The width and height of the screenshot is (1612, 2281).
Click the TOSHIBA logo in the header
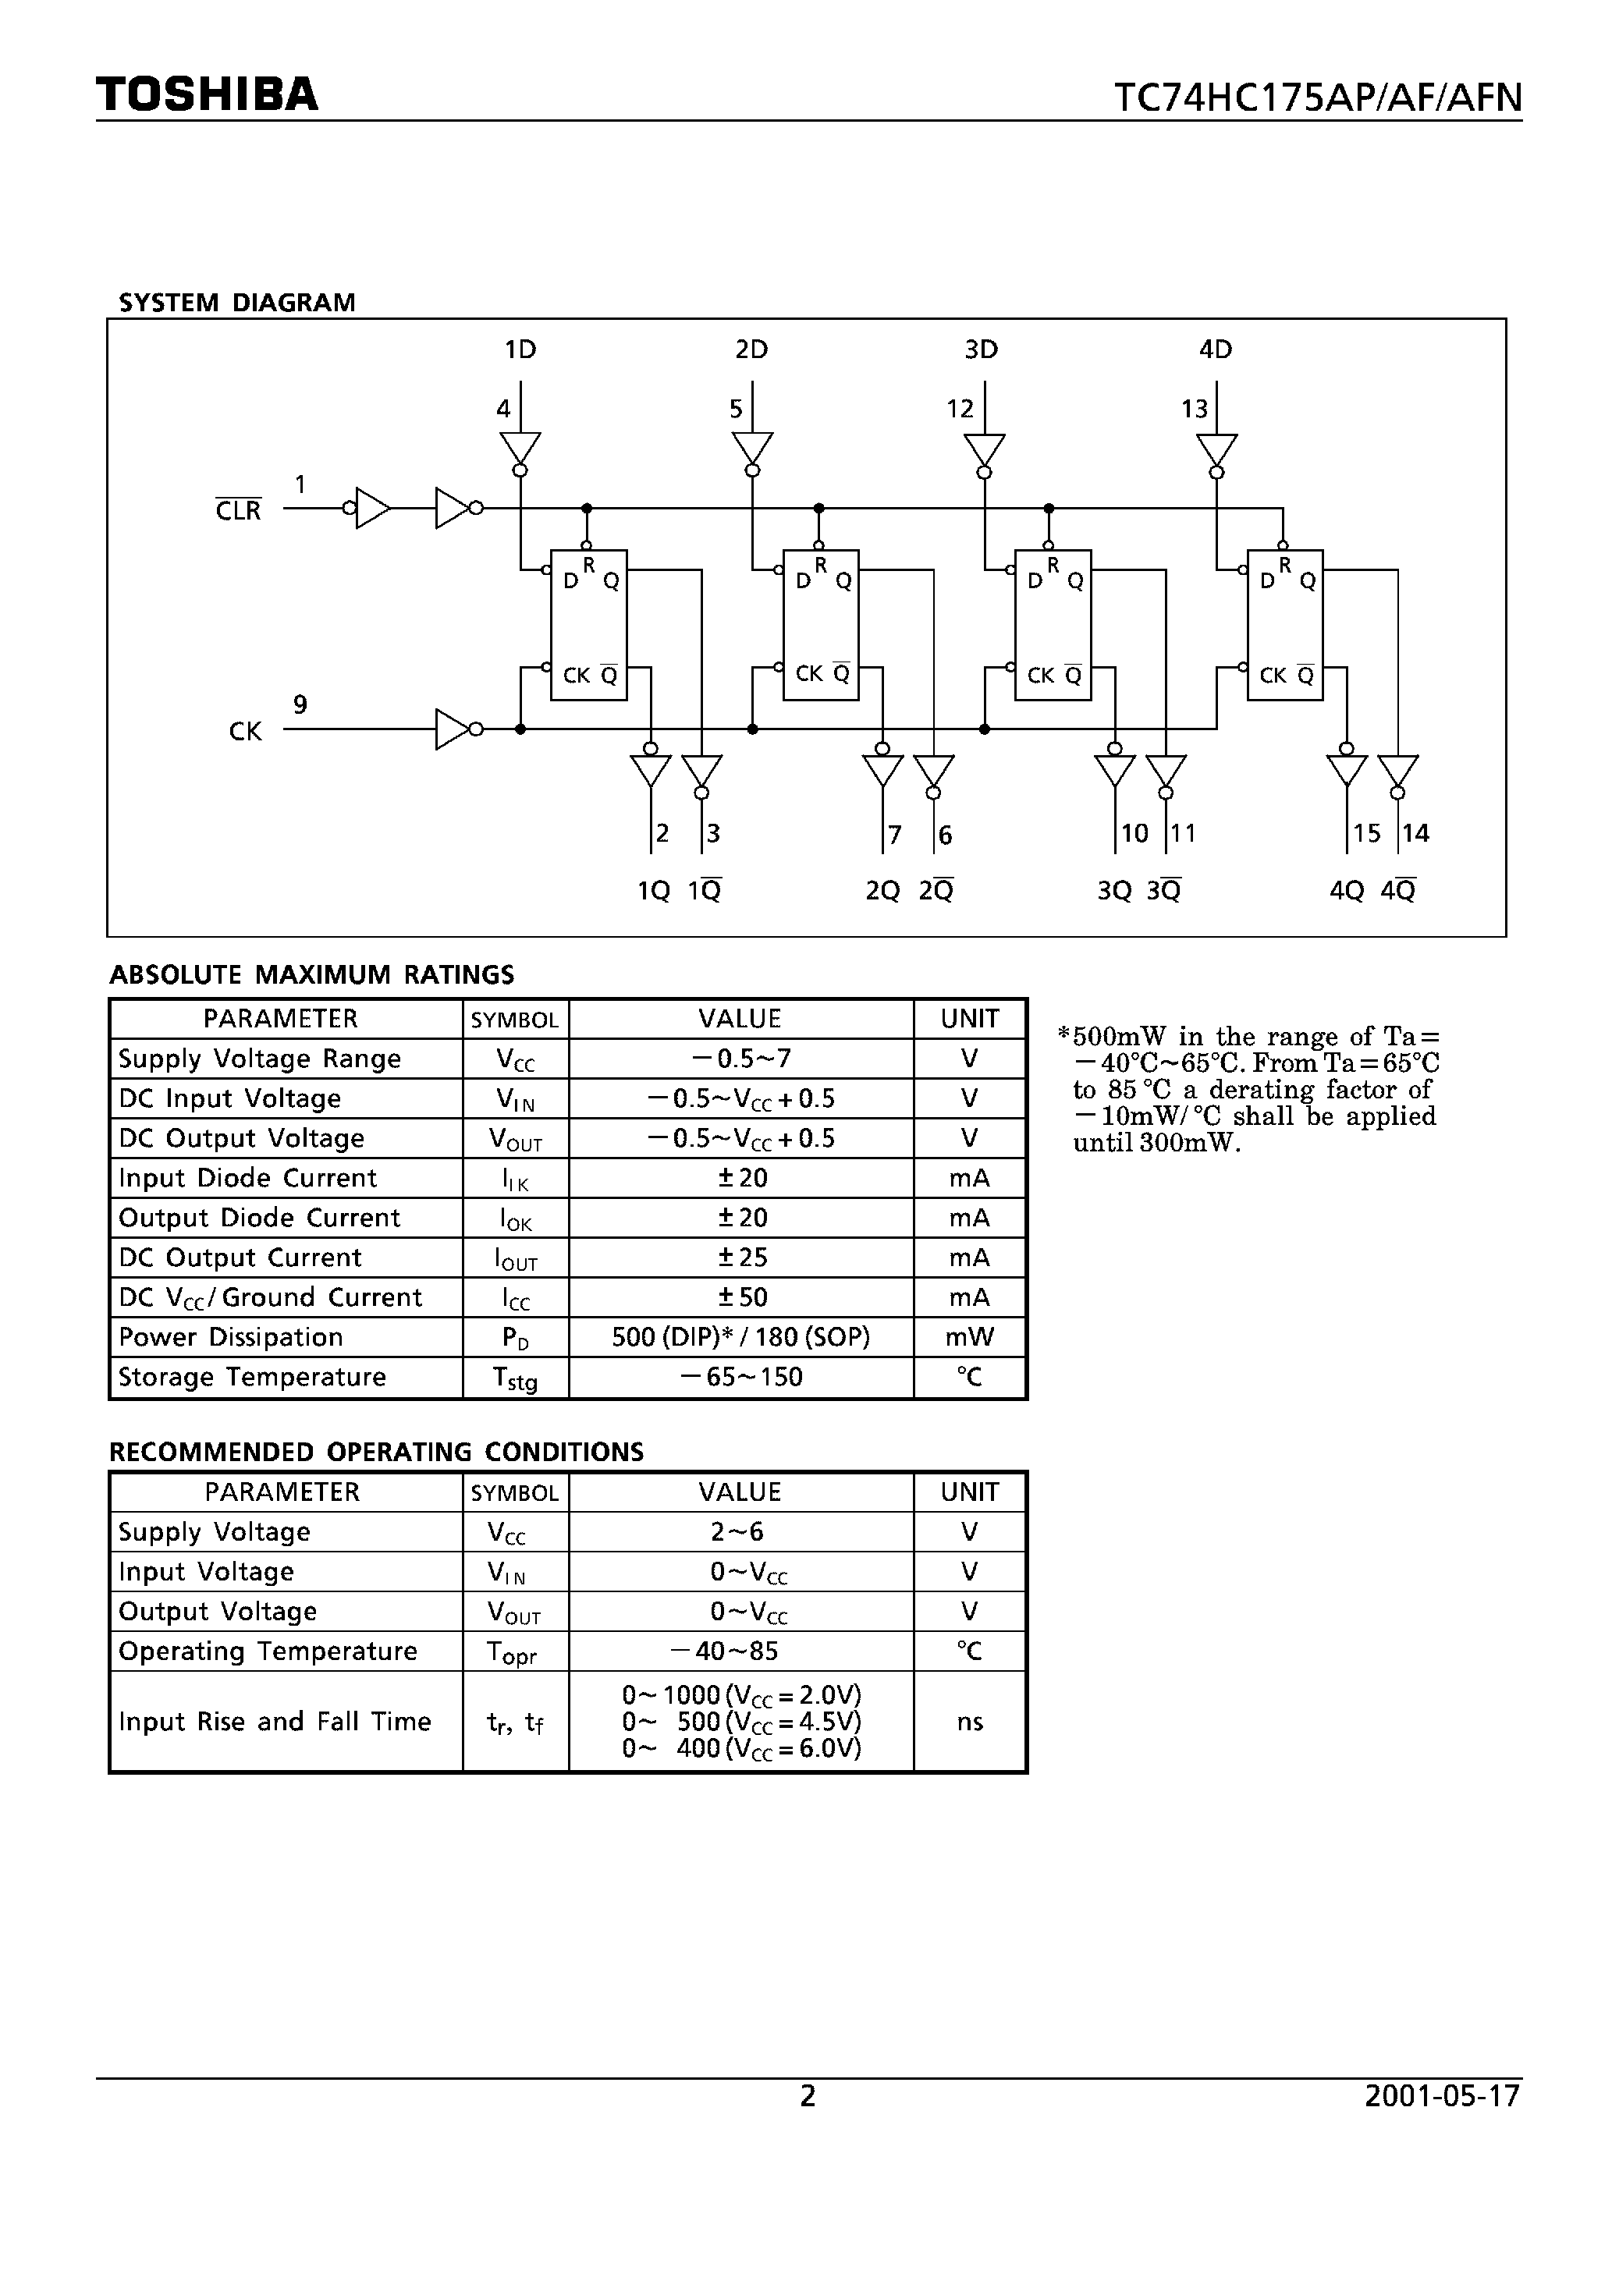(207, 94)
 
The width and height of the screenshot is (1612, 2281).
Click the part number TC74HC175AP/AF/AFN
(1317, 98)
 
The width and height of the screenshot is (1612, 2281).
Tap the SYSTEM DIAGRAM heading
(236, 303)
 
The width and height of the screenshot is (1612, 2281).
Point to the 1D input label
(520, 349)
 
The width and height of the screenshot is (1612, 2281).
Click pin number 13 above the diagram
(1194, 410)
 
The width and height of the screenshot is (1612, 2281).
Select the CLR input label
(239, 511)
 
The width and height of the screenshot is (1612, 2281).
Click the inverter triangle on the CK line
(453, 729)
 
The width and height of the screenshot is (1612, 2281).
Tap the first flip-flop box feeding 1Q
(588, 625)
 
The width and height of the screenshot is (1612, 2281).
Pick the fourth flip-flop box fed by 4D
(1285, 625)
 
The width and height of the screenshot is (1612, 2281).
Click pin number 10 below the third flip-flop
(1134, 833)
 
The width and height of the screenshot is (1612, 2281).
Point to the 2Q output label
(882, 891)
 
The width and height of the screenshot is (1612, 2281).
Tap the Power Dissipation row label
(231, 1337)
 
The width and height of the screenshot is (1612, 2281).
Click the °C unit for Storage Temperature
(969, 1377)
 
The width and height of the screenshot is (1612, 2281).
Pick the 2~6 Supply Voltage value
(737, 1532)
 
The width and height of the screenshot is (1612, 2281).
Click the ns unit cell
(969, 1722)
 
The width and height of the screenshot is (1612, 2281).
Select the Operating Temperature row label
(268, 1651)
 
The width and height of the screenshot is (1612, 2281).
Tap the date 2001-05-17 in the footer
(1442, 2096)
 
